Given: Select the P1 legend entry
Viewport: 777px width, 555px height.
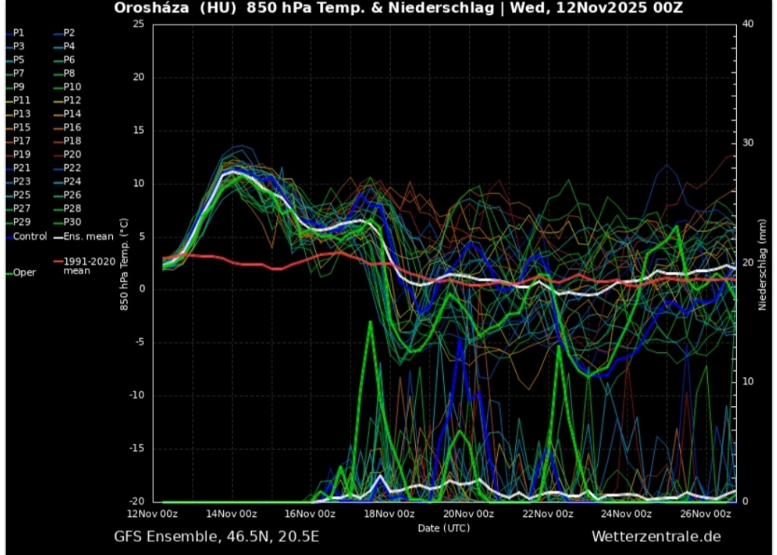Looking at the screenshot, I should (x=19, y=33).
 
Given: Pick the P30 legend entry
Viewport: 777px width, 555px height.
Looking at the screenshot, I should (x=72, y=222).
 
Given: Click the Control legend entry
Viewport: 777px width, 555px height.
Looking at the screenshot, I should (x=30, y=236).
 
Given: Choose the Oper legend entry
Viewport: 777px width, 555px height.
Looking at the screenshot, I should (x=24, y=272).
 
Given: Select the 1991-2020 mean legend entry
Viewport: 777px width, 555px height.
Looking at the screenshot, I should (x=87, y=266).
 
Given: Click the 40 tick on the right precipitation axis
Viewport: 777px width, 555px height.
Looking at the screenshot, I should (x=747, y=24).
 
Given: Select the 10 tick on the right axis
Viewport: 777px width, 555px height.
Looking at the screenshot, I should (x=747, y=381).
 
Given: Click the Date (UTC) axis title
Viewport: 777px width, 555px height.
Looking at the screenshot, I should (x=444, y=527).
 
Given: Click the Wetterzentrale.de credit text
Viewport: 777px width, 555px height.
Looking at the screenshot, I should (x=656, y=537).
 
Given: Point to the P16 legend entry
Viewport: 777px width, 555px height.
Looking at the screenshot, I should (x=72, y=128).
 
